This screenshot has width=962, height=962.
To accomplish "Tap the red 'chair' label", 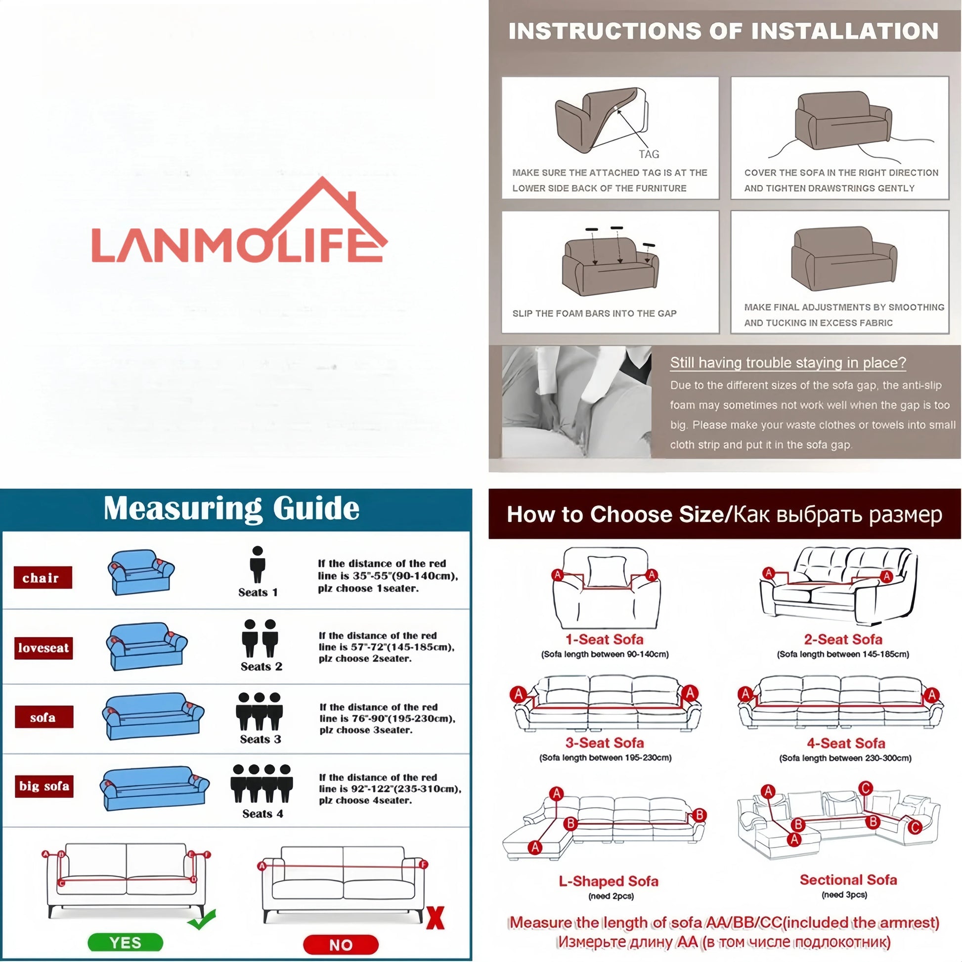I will coord(43,577).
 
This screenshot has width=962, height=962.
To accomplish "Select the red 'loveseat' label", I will coord(44,648).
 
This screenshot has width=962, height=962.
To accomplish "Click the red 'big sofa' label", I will coord(44,786).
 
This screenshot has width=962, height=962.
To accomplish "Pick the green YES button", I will coord(125,943).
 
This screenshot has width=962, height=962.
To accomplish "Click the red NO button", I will coord(341,945).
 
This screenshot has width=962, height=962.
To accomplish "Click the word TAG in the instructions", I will coord(649,154).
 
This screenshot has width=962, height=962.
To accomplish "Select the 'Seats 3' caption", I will coord(261,740).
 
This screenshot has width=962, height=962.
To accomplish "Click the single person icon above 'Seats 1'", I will coord(258,564).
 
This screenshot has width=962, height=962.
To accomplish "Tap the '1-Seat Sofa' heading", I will coord(604,639).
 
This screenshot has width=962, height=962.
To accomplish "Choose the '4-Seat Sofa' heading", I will coord(845,743).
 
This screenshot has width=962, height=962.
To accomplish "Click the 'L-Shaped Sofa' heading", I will coord(608,881).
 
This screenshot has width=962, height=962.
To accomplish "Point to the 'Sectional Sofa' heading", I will coord(848,880).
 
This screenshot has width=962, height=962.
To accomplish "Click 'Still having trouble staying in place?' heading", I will coord(787,362).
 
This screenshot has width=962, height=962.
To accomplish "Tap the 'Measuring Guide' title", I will coord(231,509).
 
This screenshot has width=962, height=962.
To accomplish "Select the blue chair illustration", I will coord(141,572).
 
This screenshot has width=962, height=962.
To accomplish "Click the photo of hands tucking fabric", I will coord(576,402).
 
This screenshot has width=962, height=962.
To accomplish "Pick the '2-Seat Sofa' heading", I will coord(842,639).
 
